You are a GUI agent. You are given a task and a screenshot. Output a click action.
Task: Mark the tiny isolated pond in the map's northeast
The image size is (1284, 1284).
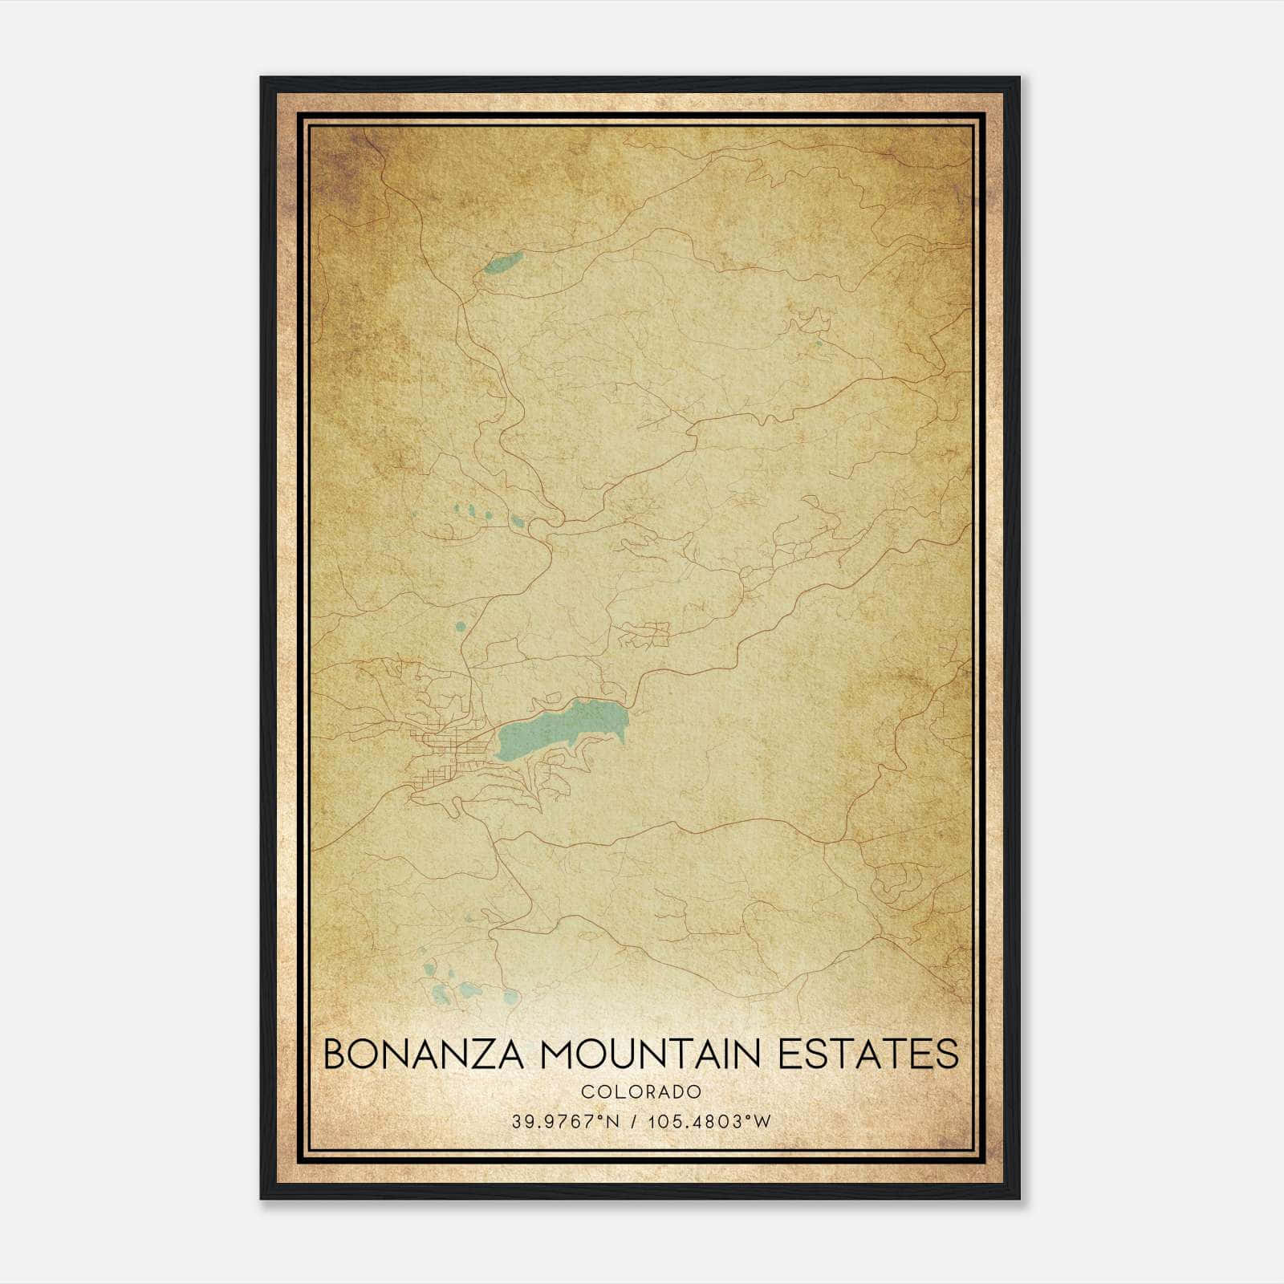click(x=818, y=345)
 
